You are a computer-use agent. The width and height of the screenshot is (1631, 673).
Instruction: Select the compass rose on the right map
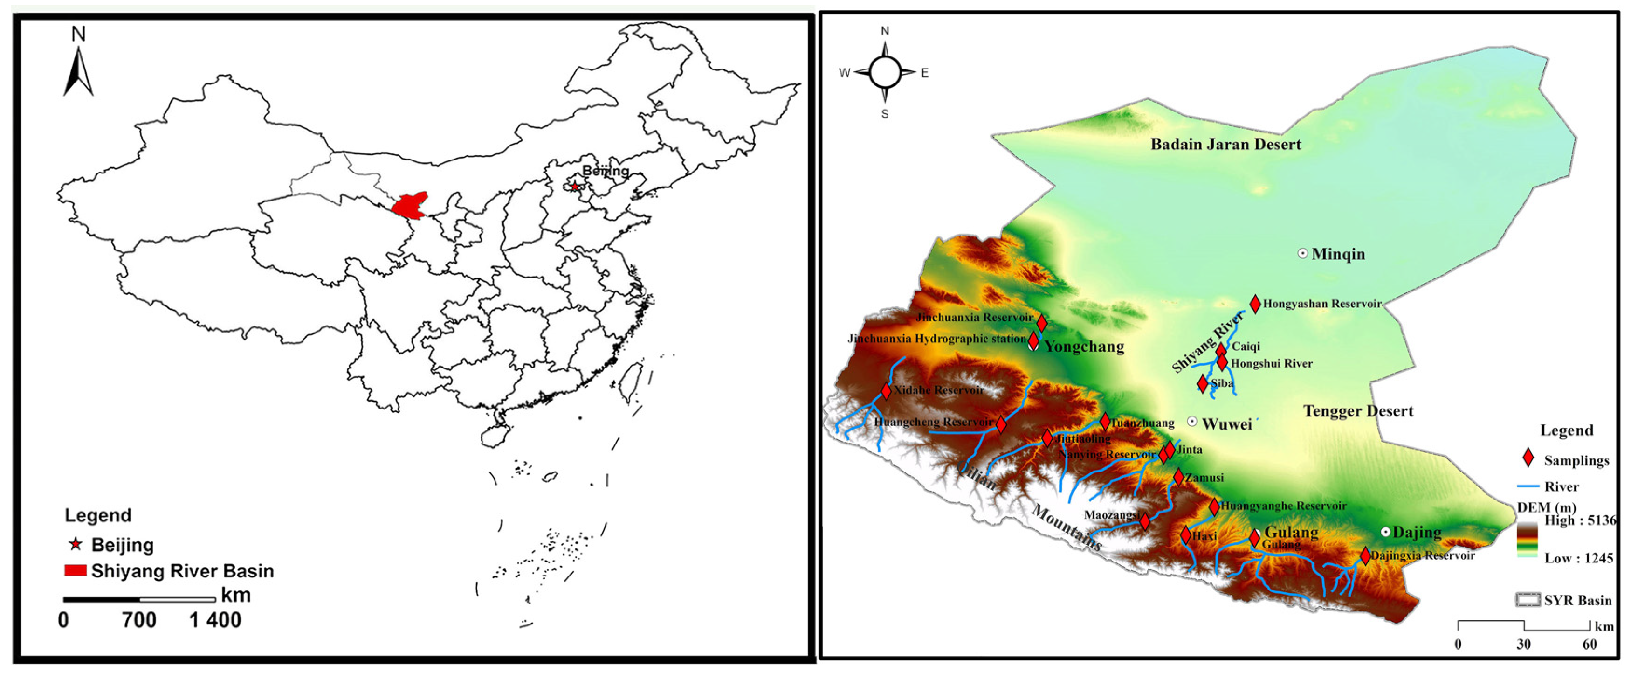(x=885, y=72)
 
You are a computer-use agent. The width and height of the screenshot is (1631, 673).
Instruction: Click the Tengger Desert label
(x=1358, y=411)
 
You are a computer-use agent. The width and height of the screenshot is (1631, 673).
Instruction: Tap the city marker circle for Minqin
(x=1302, y=254)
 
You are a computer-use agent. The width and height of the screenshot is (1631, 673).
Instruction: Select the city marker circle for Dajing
(x=1385, y=532)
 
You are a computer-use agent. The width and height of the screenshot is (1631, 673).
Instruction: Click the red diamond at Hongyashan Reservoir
(x=1255, y=304)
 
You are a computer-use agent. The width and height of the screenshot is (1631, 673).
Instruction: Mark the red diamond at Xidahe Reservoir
(x=886, y=391)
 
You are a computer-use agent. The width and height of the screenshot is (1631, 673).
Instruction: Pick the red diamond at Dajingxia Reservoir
(x=1365, y=556)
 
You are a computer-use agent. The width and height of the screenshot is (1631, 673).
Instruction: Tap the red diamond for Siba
(x=1202, y=383)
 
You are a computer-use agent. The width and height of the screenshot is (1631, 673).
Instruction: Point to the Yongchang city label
(x=1084, y=347)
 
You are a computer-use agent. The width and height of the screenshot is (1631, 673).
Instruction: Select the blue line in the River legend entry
(x=1528, y=486)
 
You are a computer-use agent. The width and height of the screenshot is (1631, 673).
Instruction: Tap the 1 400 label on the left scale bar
(x=215, y=620)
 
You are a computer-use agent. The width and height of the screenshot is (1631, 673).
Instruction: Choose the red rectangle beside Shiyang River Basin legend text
(x=76, y=570)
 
